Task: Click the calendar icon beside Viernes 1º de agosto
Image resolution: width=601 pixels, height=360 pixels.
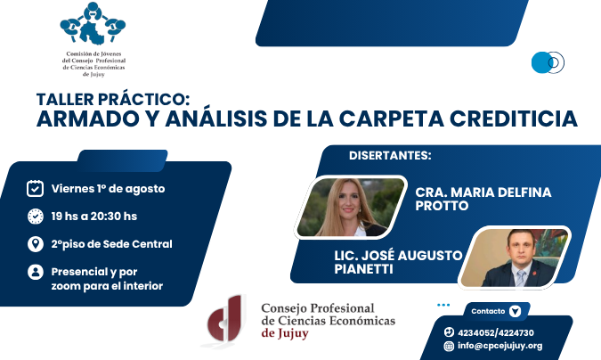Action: pos(35,188)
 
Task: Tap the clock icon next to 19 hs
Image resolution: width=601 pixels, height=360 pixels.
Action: pos(36,216)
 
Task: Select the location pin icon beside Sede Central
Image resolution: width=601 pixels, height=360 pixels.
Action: pos(36,244)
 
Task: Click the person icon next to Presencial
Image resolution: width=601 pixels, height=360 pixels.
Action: pos(36,272)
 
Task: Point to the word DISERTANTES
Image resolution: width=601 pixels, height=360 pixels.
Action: pos(390,155)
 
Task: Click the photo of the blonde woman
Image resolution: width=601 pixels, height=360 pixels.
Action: pos(350,208)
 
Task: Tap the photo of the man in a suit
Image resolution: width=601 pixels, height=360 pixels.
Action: pos(515,258)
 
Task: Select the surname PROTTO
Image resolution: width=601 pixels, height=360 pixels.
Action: pos(442,206)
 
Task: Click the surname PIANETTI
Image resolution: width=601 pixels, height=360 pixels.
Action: pos(363,269)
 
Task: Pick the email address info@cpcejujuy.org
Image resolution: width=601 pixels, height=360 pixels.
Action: pos(499,346)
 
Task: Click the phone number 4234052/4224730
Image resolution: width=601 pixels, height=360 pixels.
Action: pos(496,332)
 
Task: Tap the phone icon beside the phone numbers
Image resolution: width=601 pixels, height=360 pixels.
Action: pos(449,332)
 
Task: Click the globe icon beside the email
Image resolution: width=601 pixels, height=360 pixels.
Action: pos(449,346)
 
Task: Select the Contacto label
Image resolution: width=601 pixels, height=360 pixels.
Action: pos(488,311)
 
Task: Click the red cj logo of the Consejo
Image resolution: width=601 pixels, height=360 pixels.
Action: pos(225,320)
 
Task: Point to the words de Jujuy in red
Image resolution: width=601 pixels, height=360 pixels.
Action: pos(285,333)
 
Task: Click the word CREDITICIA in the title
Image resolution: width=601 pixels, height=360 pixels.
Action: pos(513,119)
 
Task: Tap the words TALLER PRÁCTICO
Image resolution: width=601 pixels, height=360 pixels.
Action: pos(113,100)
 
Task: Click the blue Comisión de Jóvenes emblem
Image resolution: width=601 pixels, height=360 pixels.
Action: pos(93,23)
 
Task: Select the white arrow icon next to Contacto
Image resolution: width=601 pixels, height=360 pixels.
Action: pos(515,311)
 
